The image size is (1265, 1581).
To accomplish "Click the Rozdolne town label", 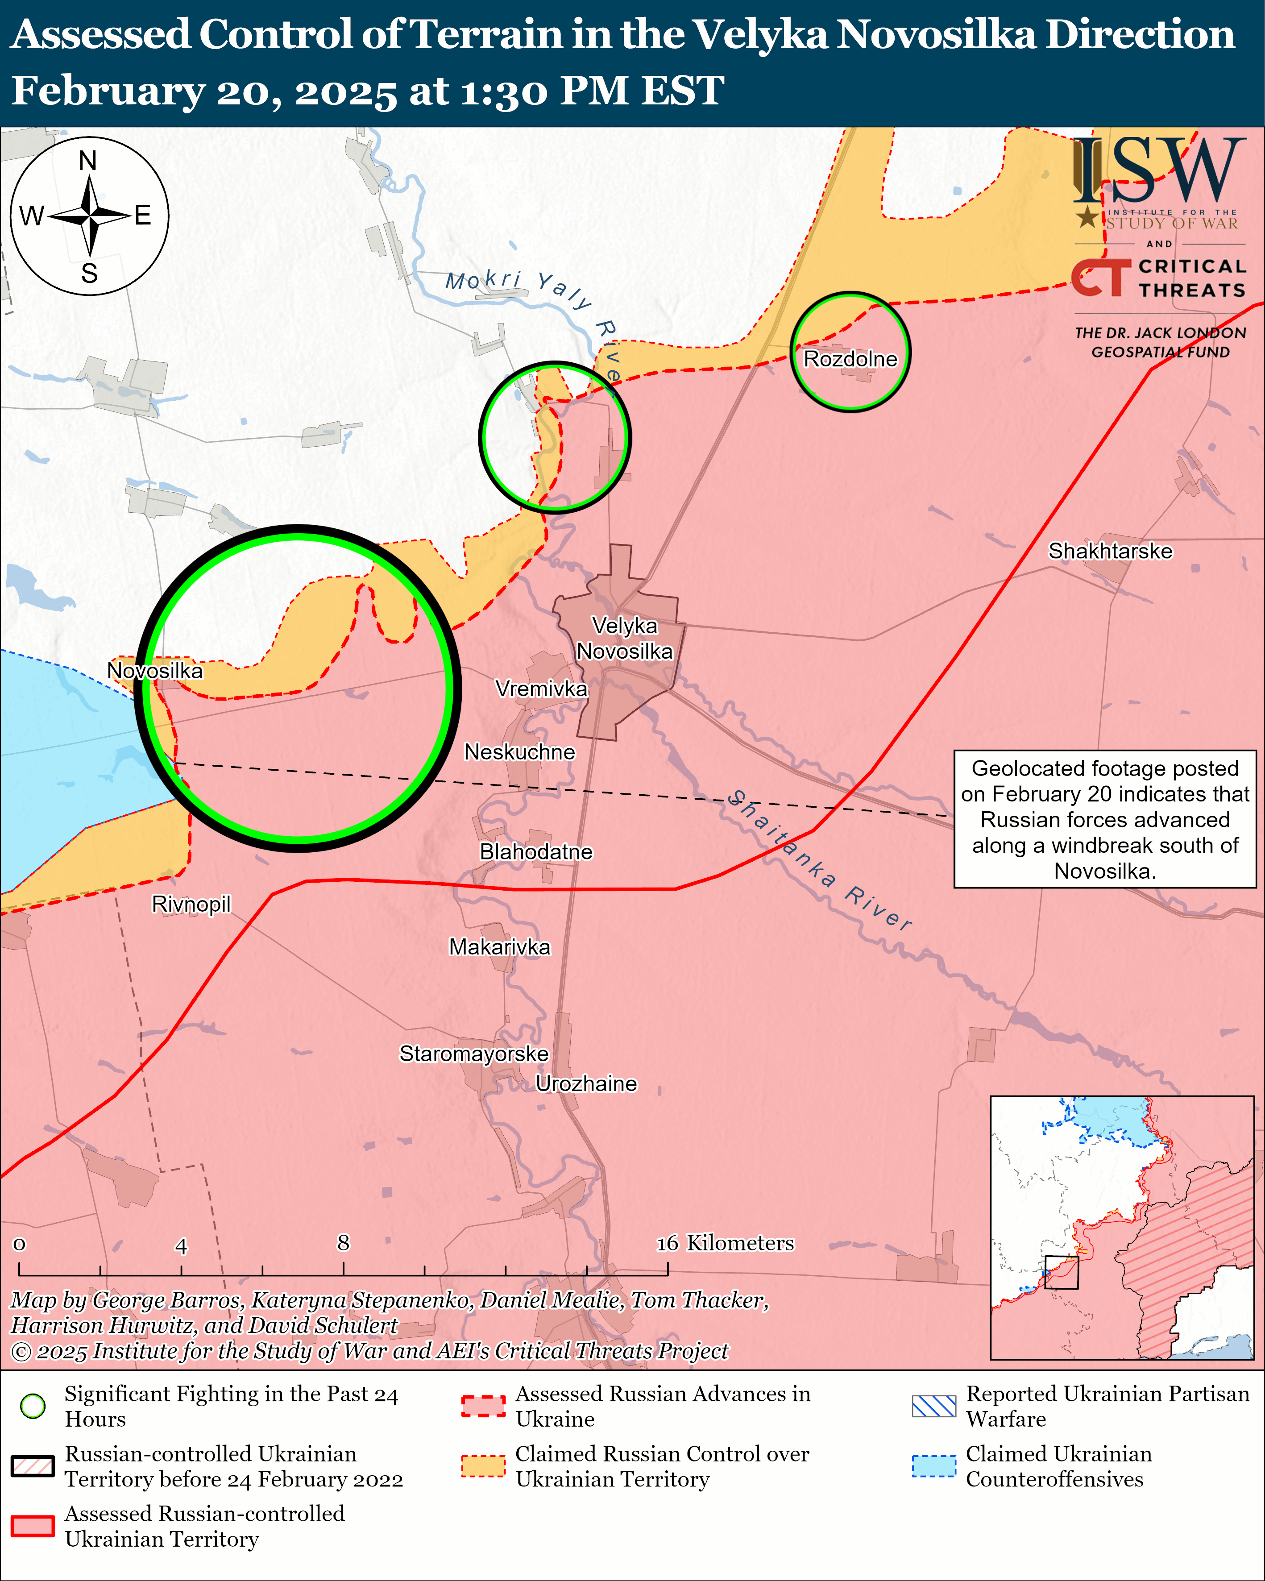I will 850,359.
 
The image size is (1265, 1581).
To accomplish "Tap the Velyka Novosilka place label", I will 624,638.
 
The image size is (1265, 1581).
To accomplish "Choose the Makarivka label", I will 499,947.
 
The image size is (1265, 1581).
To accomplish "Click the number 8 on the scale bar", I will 343,1242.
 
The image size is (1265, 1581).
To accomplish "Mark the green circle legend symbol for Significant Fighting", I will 33,1406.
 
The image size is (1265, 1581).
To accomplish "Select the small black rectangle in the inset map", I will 1061,1272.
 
